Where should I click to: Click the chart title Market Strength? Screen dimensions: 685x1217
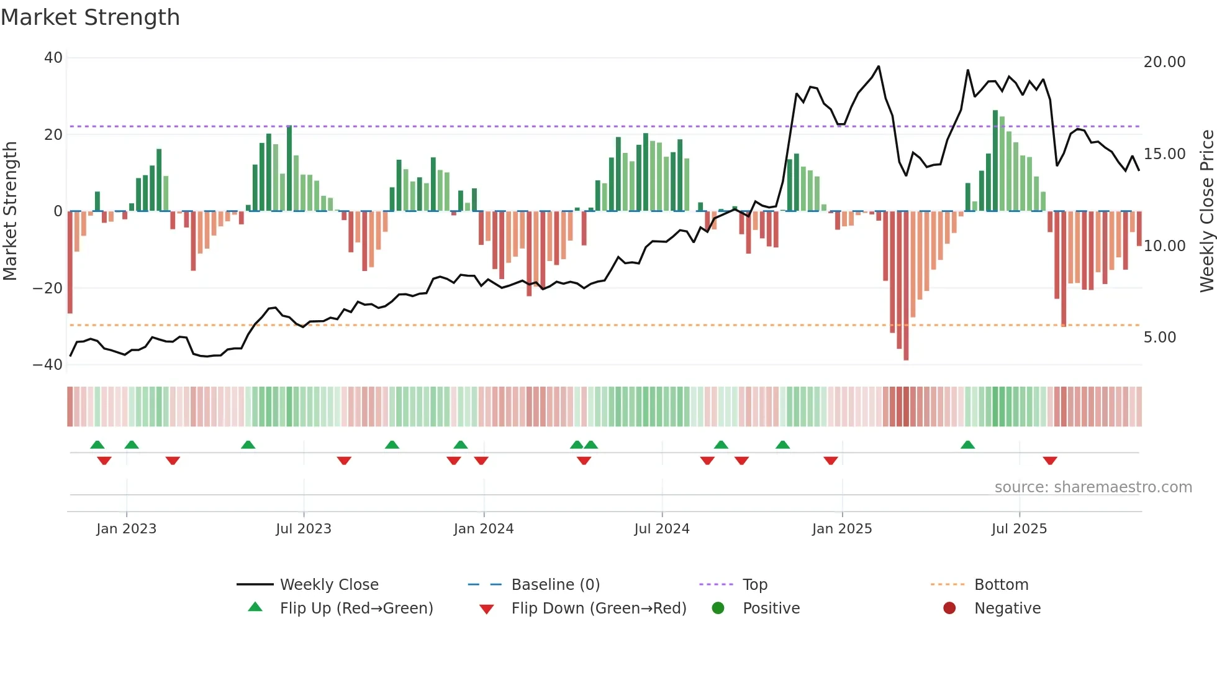point(90,17)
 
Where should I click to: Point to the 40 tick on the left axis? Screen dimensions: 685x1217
point(53,58)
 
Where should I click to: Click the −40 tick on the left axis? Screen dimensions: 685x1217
point(48,365)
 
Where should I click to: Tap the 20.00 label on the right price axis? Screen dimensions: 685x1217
point(1164,62)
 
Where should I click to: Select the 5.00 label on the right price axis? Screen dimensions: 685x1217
point(1159,338)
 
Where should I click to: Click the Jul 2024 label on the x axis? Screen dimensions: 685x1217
point(661,529)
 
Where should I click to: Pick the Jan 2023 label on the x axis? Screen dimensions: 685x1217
point(126,529)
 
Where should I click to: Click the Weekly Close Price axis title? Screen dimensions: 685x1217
point(1206,211)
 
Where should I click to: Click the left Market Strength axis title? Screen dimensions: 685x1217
point(10,211)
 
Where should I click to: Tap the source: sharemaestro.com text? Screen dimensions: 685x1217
point(1093,487)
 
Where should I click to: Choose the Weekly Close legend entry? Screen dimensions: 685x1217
point(328,585)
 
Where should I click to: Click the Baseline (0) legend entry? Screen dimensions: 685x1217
point(555,585)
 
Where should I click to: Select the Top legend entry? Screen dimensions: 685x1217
point(754,585)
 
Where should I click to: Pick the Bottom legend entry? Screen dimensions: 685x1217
point(1001,585)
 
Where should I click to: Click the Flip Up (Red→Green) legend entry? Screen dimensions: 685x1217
point(356,609)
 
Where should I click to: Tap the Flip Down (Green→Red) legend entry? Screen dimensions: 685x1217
point(599,609)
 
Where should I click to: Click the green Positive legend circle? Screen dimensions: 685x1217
point(718,609)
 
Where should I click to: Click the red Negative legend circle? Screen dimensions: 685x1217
point(949,609)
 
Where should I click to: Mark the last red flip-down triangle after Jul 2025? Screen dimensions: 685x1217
point(1050,461)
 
